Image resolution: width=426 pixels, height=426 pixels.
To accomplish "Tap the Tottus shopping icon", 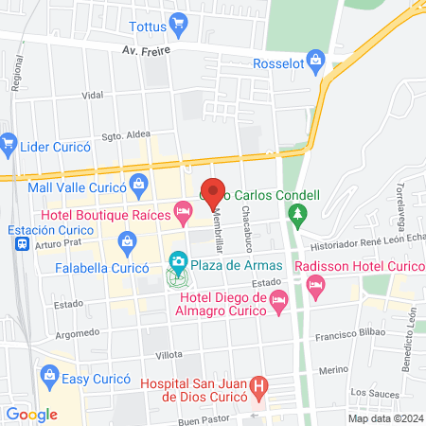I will [x=177, y=22].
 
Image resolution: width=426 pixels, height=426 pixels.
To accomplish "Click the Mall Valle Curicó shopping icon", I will [x=138, y=183].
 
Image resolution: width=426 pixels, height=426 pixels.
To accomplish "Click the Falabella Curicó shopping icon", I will [x=126, y=244].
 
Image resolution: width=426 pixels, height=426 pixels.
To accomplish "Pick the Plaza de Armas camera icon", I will [x=177, y=261].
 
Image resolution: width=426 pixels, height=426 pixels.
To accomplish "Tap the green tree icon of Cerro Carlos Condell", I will [x=298, y=217].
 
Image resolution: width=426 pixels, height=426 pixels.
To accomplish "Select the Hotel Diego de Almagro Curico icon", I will [x=278, y=302].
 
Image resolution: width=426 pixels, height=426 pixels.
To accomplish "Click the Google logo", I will [x=32, y=414].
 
